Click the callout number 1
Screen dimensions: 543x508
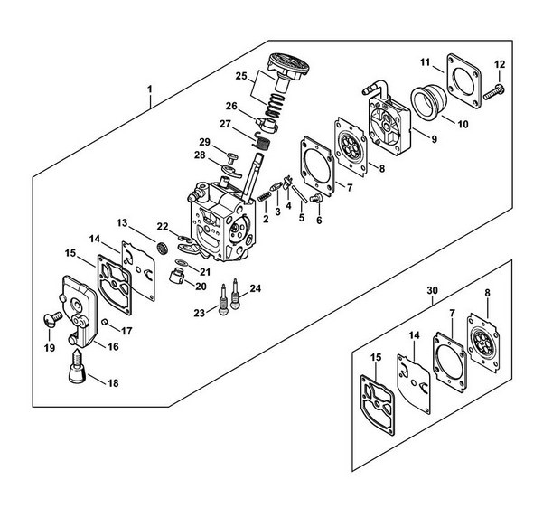[x=150, y=89]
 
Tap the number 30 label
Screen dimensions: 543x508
[x=432, y=290]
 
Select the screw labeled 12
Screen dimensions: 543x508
[x=494, y=92]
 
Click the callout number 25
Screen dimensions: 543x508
[x=241, y=76]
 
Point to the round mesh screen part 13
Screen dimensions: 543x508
[x=162, y=248]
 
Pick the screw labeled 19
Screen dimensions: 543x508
[x=51, y=319]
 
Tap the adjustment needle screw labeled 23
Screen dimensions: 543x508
[x=223, y=299]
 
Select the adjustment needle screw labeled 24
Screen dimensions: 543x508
[x=236, y=294]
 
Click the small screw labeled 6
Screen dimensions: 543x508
[x=315, y=199]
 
